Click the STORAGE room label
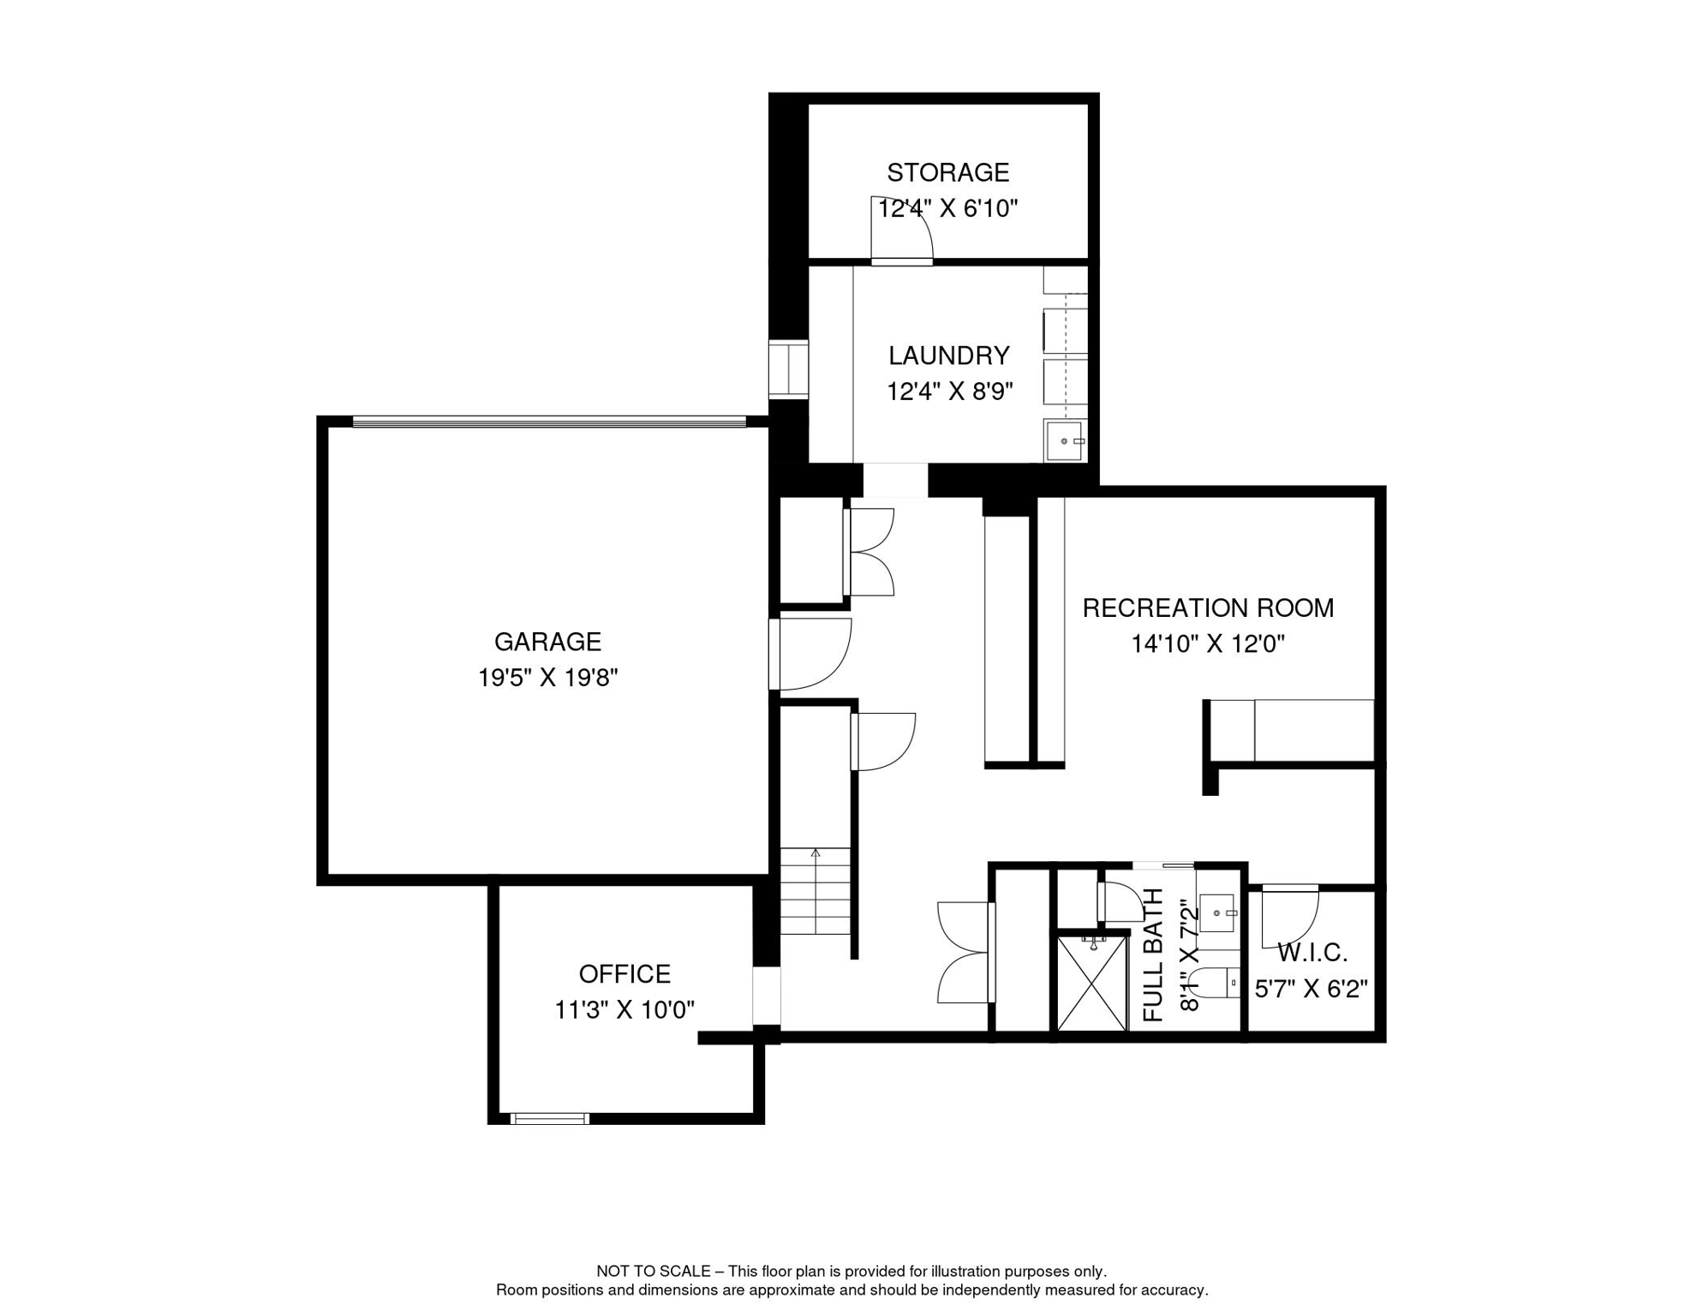coord(947,173)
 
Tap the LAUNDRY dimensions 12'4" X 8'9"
coord(949,392)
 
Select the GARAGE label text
coord(547,642)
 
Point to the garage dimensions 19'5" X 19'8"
coord(547,679)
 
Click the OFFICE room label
coord(624,974)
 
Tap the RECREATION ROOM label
coord(1208,608)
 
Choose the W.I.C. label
coord(1312,953)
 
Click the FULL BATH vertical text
coord(1154,954)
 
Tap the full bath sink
coord(1216,913)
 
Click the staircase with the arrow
coord(815,891)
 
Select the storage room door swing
coord(902,229)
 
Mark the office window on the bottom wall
coord(549,1118)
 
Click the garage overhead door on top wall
coord(548,421)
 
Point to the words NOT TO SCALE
coord(653,1271)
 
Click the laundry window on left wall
coord(787,369)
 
